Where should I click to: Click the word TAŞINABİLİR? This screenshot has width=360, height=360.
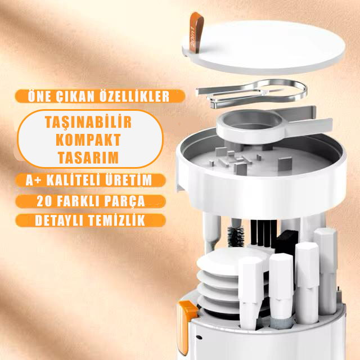(88, 121)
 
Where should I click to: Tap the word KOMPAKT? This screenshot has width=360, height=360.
(88, 139)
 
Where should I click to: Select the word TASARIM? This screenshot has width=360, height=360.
(88, 157)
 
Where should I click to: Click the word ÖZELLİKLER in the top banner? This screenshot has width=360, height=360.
(135, 96)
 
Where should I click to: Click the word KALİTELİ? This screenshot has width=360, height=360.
(73, 180)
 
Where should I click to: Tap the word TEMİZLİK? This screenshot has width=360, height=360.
(117, 220)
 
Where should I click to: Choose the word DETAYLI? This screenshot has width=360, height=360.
(60, 220)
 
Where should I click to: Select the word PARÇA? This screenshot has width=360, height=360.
(125, 201)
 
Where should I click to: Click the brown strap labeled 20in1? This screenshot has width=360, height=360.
(196, 31)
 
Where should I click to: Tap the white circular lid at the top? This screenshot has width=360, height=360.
(264, 47)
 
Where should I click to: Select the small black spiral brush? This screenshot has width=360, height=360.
(236, 237)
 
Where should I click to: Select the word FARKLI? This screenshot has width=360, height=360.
(78, 201)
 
